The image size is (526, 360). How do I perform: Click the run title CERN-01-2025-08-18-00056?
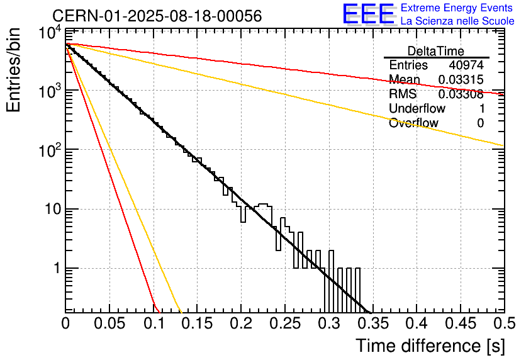pyautogui.click(x=157, y=16)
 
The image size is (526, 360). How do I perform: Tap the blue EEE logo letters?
pyautogui.click(x=369, y=14)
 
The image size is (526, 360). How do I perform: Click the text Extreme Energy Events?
pyautogui.click(x=457, y=8)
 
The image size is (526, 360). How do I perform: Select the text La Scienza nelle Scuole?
pyautogui.click(x=457, y=21)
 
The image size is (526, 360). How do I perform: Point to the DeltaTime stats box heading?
pyautogui.click(x=436, y=51)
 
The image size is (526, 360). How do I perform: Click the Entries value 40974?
pyautogui.click(x=466, y=65)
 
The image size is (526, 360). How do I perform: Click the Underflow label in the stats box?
pyautogui.click(x=417, y=108)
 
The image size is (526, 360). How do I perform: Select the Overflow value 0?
pyautogui.click(x=480, y=123)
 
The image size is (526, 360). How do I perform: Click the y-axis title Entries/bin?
pyautogui.click(x=18, y=69)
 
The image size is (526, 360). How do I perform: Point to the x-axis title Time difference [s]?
pyautogui.click(x=430, y=346)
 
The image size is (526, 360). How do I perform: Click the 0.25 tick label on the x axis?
pyautogui.click(x=285, y=324)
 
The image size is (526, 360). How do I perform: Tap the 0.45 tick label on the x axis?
pyautogui.click(x=460, y=324)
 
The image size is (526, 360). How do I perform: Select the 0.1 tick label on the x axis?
pyautogui.click(x=153, y=324)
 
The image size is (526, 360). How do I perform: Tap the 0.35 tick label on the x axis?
pyautogui.click(x=372, y=324)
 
